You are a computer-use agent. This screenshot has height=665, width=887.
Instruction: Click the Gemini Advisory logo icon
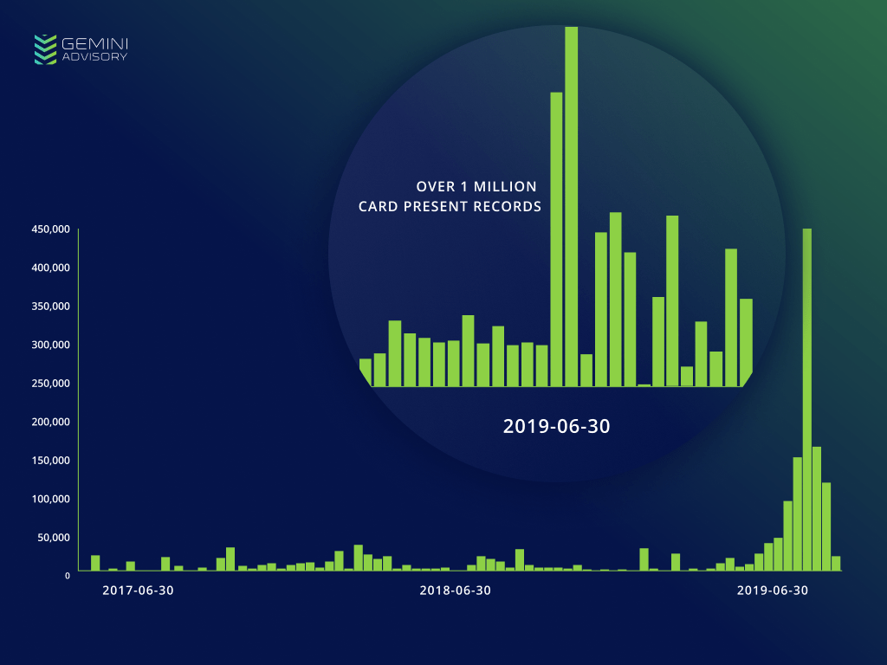pyautogui.click(x=45, y=49)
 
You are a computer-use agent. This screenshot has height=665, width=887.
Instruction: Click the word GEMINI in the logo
pyautogui.click(x=95, y=42)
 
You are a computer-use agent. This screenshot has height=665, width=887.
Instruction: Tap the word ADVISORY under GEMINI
pyautogui.click(x=95, y=57)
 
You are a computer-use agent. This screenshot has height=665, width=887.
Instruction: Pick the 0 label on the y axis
pyautogui.click(x=67, y=575)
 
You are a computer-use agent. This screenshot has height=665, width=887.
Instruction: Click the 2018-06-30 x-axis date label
pyautogui.click(x=456, y=591)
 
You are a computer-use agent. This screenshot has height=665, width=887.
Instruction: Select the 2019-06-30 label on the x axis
pyautogui.click(x=773, y=591)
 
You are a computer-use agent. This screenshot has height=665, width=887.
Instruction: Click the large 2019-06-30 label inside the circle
pyautogui.click(x=557, y=426)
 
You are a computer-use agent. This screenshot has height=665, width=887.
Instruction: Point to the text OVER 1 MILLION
pyautogui.click(x=476, y=186)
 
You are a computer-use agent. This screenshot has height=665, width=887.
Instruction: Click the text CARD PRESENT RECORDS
pyautogui.click(x=450, y=207)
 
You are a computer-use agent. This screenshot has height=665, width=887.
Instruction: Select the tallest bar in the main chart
pyautogui.click(x=807, y=399)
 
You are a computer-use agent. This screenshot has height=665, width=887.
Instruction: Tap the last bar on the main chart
pyautogui.click(x=836, y=563)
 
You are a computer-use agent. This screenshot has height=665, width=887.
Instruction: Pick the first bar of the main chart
pyautogui.click(x=95, y=563)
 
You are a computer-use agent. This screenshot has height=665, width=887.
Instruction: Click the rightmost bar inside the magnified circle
pyautogui.click(x=746, y=342)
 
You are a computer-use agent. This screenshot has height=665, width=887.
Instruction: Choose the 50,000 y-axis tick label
pyautogui.click(x=54, y=537)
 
